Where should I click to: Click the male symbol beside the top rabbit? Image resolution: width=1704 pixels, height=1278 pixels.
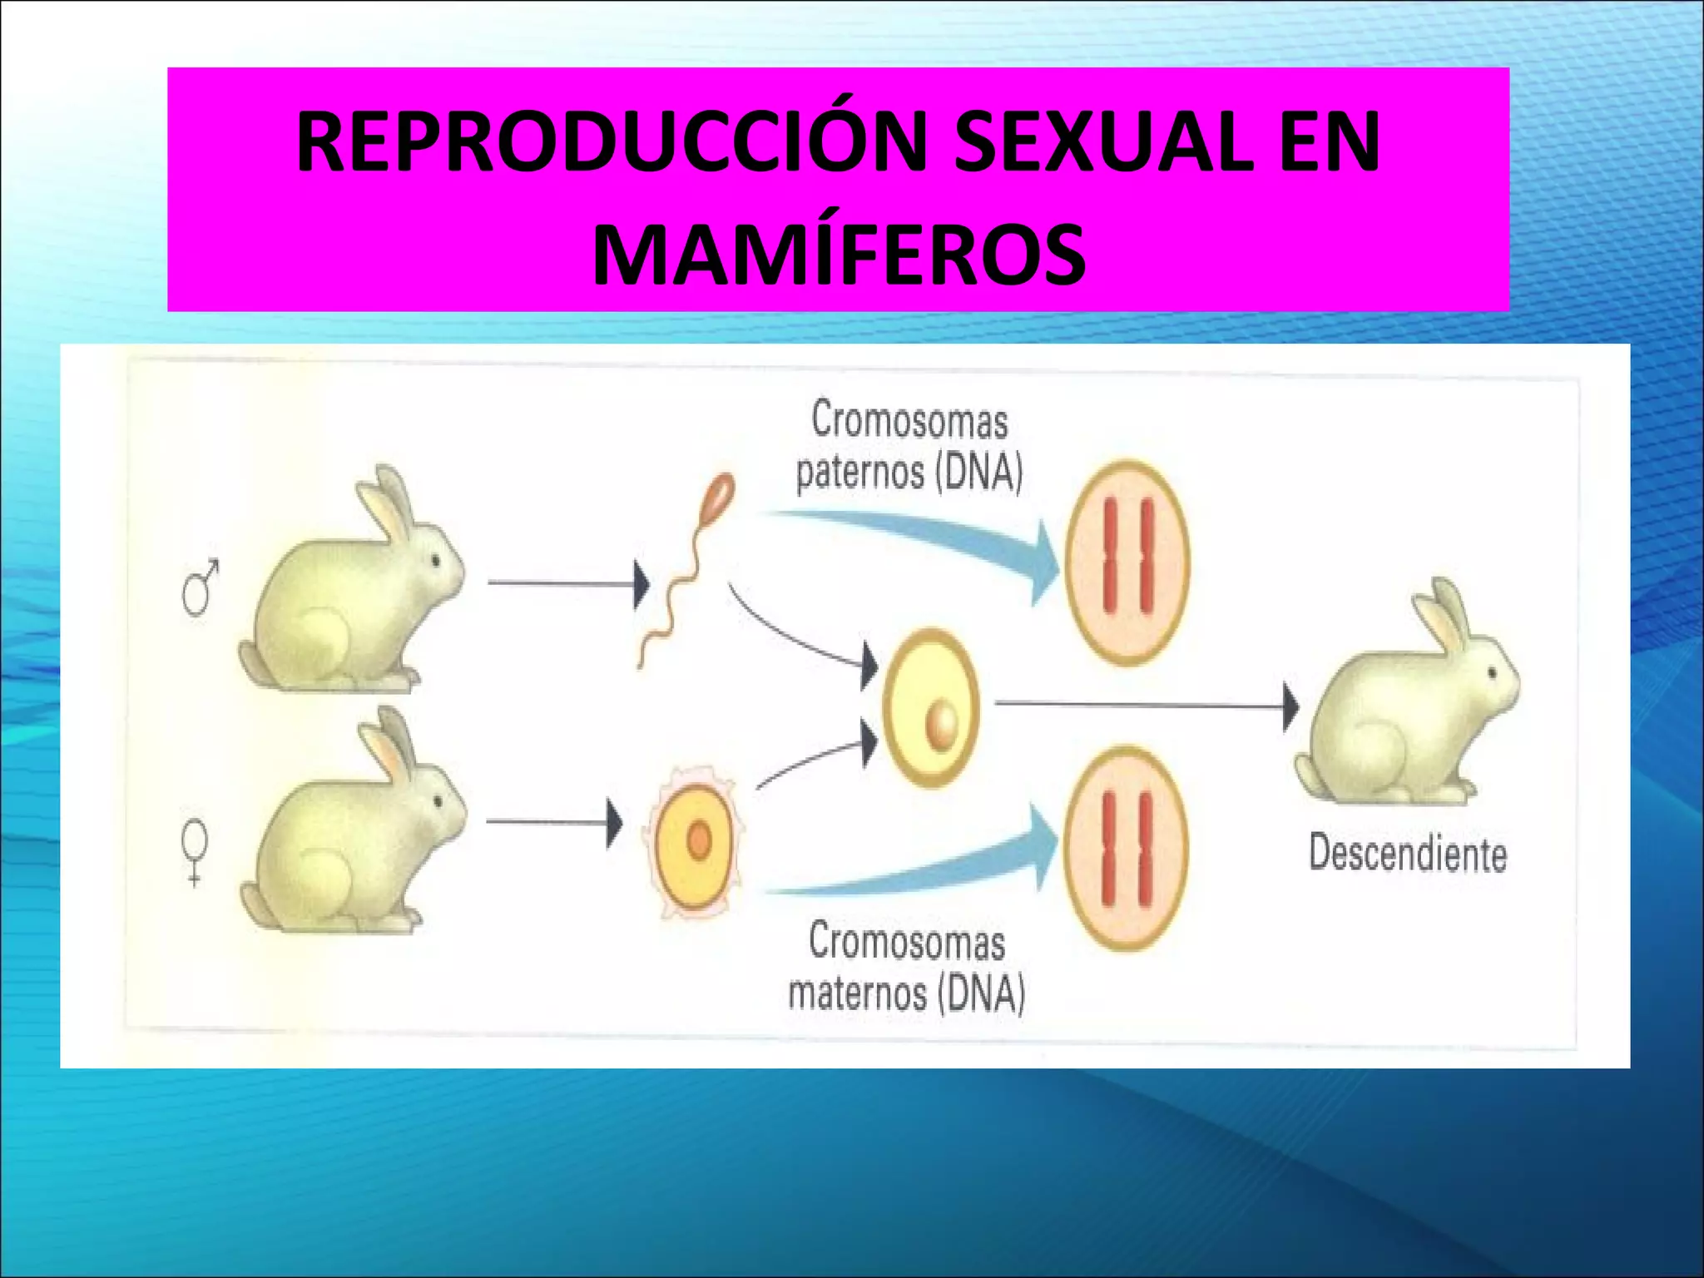(x=201, y=587)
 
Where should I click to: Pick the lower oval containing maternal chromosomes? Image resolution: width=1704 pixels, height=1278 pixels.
(x=1127, y=847)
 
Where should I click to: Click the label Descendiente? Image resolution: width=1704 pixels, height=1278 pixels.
(x=1407, y=854)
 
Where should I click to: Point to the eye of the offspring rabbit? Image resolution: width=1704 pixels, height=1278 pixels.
(x=1492, y=671)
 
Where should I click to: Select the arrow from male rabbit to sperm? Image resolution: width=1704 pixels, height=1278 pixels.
(x=566, y=583)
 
